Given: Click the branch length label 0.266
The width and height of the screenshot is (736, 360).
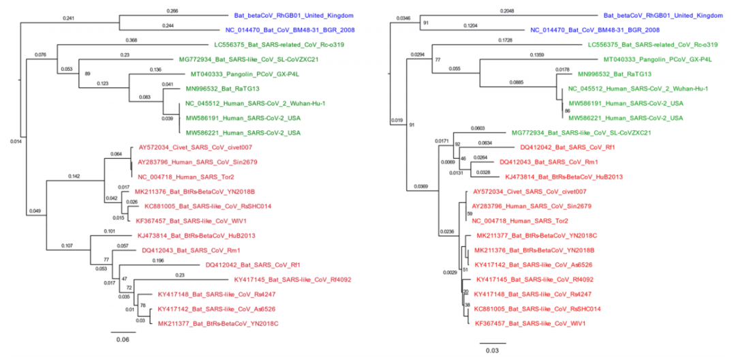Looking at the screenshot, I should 172,11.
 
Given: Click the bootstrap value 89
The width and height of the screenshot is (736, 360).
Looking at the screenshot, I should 87,72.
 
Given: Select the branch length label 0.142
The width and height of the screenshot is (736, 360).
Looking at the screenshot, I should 75,176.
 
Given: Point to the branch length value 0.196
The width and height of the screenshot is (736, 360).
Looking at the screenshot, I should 159,260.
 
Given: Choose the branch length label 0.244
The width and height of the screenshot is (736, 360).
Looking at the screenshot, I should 168,26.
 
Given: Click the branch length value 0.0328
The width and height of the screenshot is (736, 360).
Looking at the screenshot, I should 482,172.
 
